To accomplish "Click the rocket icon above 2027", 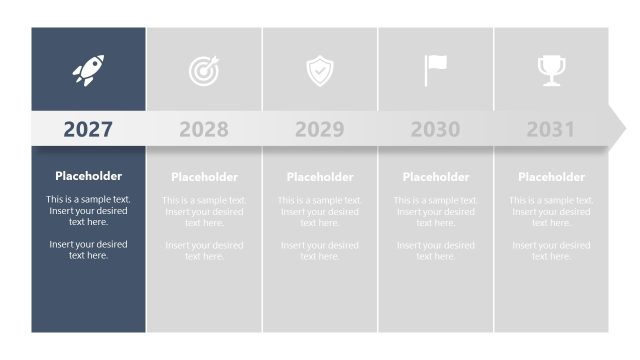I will [88, 70].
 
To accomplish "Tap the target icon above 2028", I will [204, 70].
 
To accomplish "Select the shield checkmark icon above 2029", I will [320, 70].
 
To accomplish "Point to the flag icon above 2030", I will [435, 70].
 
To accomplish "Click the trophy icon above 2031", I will [551, 70].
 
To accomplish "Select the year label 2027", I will [88, 129].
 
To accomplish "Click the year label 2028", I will [204, 129].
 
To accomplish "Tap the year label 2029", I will [320, 129].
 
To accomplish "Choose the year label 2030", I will [435, 129].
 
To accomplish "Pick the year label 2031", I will [551, 129].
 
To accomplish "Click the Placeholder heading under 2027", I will [88, 176].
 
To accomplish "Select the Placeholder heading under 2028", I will [204, 177].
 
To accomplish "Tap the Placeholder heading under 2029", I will [320, 177].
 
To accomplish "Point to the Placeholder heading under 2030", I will [435, 177].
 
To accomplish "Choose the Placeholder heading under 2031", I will [551, 177].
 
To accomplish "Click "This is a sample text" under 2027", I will [88, 200].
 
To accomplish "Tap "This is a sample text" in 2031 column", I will [551, 201].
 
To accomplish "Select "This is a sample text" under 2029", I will [320, 201].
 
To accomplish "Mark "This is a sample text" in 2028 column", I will [204, 201].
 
